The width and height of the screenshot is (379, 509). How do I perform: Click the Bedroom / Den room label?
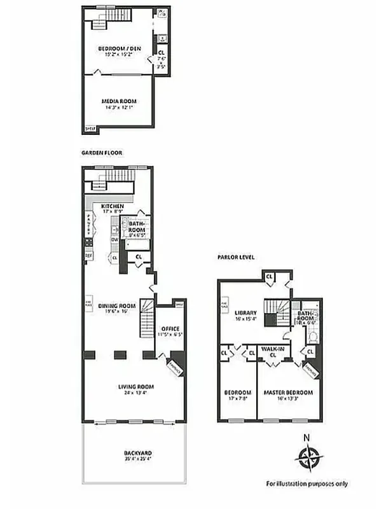pos(120,48)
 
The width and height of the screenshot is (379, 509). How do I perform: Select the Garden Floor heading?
pos(101,153)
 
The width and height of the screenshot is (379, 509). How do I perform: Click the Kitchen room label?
pos(112,207)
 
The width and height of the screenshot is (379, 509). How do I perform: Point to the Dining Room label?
pos(117,306)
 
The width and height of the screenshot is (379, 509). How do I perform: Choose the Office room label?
pos(171,328)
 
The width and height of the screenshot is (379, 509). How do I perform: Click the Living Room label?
pos(136,386)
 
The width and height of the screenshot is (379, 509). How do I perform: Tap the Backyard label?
pos(137,452)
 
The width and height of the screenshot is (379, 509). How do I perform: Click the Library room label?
pos(245,313)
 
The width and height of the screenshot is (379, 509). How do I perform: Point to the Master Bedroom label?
pos(289,392)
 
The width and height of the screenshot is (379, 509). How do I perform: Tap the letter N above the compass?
pos(307,438)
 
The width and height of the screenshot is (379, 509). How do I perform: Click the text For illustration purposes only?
pos(307,484)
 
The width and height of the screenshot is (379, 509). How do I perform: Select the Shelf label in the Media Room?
pos(90,130)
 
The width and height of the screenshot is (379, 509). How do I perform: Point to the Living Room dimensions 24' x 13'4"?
pos(136,391)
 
